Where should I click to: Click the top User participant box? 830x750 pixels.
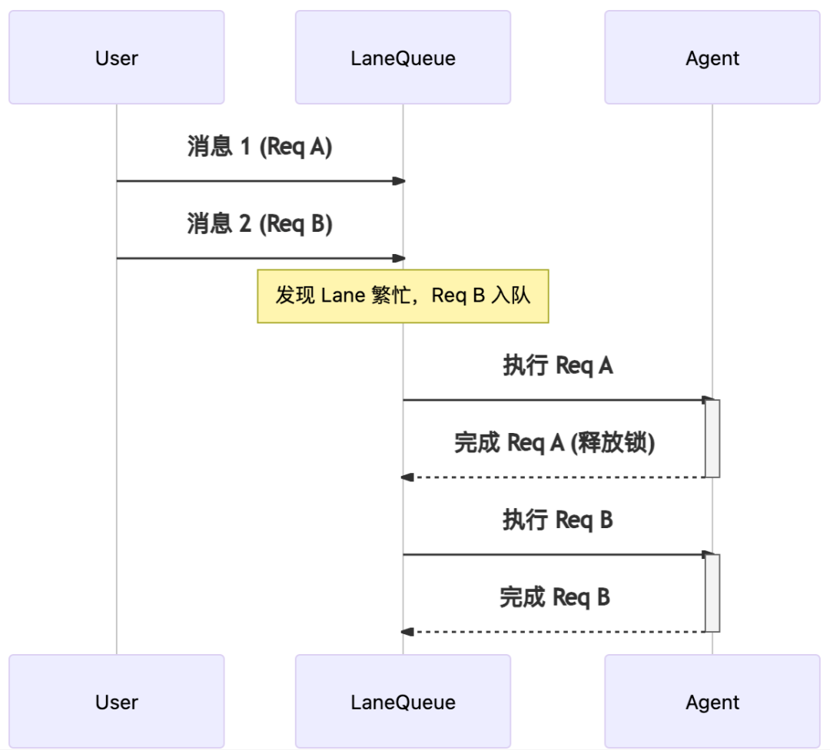click(116, 58)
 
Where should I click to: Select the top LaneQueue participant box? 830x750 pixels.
click(403, 58)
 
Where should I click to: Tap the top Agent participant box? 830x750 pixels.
click(712, 58)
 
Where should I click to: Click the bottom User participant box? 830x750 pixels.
click(116, 702)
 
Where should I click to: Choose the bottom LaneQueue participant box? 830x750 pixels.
click(403, 702)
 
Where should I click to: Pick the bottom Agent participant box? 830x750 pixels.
click(712, 702)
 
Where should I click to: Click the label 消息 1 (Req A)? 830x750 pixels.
click(260, 147)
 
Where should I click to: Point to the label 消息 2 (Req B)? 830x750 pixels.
click(260, 224)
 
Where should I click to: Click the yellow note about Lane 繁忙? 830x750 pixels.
click(403, 296)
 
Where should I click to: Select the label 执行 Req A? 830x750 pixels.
click(557, 366)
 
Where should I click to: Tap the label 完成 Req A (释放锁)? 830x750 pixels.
click(554, 443)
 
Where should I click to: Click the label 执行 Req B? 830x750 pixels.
click(557, 520)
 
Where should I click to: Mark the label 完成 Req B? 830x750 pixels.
click(554, 597)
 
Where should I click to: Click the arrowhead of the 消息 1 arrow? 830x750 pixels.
click(398, 181)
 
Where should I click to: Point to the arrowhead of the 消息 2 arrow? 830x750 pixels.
click(398, 259)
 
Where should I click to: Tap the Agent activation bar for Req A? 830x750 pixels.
click(712, 438)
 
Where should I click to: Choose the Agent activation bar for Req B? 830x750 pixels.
click(712, 593)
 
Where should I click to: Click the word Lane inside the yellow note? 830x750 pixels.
click(342, 296)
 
